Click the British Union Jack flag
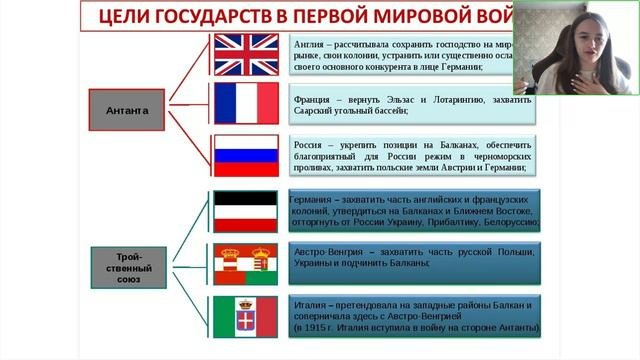(x=247, y=55)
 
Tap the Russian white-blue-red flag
(x=247, y=156)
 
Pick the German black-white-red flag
(x=247, y=212)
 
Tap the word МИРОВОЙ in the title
(x=430, y=16)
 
